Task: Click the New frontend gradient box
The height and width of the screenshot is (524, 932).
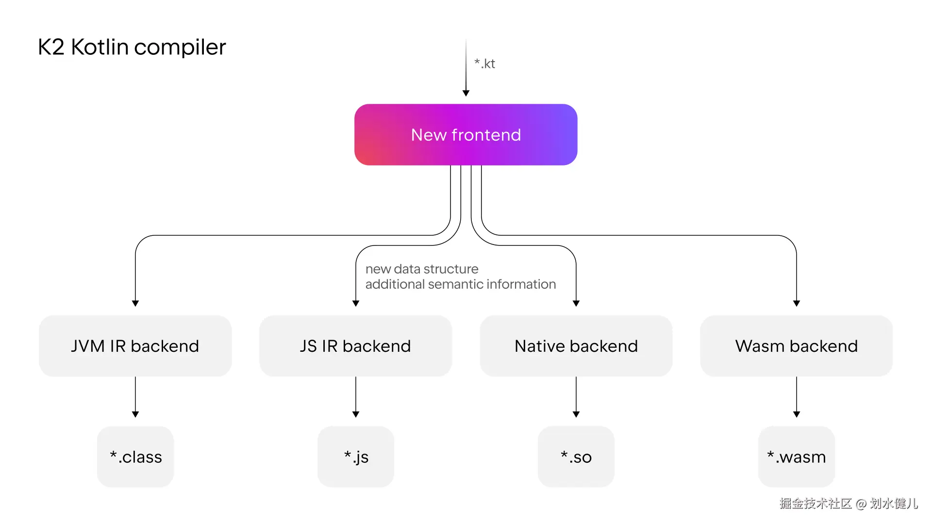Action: point(466,134)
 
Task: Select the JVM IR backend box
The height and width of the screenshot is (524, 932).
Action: point(135,346)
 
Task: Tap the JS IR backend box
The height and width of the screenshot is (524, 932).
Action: point(355,346)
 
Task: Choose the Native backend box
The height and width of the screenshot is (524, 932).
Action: point(576,346)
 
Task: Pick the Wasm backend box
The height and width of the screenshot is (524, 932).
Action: point(796,346)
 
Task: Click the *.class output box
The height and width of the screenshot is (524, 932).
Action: point(135,457)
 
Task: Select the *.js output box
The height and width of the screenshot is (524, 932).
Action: point(356,457)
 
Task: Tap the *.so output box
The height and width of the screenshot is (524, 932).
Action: point(576,457)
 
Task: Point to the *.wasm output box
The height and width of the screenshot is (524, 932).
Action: point(796,457)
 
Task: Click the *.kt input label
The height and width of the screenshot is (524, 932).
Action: point(484,64)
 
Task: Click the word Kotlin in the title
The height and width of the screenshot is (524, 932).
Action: point(100,47)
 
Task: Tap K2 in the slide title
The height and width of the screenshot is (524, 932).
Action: point(51,47)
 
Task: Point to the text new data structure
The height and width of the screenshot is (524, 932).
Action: point(421,269)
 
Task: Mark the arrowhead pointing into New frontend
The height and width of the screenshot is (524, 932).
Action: point(466,93)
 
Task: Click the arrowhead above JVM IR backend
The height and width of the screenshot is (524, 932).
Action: point(135,303)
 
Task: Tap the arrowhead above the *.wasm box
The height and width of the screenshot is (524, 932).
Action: point(797,414)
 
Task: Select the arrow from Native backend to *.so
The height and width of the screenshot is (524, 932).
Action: point(576,395)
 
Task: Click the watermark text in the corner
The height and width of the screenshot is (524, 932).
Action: point(848,504)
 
